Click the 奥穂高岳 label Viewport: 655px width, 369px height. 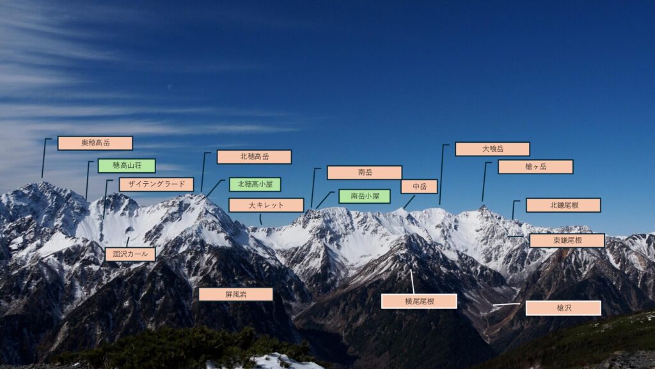tap(95, 143)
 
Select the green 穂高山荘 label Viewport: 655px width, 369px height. tap(126, 166)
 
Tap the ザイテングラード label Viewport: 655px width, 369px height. tap(156, 184)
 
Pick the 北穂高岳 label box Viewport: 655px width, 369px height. tap(254, 157)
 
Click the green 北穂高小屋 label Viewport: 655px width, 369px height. tap(255, 184)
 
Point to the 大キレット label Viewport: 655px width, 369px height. tap(266, 205)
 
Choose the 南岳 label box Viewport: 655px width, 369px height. tap(365, 172)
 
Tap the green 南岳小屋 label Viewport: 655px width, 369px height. tap(365, 196)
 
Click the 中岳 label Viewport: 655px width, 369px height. tap(419, 186)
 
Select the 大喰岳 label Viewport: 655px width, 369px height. tap(493, 149)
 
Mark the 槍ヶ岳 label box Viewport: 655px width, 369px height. tap(535, 167)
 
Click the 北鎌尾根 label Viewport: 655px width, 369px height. tap(563, 205)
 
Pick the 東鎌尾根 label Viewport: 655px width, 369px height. tap(567, 240)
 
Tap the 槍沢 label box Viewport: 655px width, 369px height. tap(564, 308)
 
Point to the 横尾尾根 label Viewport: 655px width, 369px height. tap(419, 301)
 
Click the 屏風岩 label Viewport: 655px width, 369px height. tap(235, 294)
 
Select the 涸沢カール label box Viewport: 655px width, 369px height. tap(130, 254)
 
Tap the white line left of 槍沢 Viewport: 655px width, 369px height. tap(506, 304)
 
